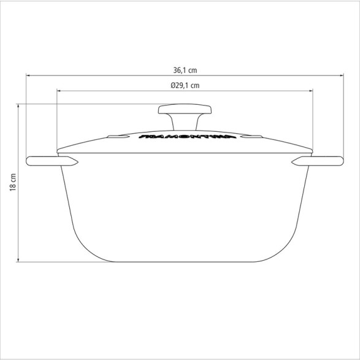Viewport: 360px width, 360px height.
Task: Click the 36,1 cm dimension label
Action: [186, 69]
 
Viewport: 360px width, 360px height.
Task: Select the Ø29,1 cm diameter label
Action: [186, 85]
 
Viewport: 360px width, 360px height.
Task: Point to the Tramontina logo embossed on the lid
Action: [183, 136]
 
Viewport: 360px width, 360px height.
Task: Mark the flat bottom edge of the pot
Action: [184, 262]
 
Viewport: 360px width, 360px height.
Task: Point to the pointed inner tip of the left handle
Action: [77, 162]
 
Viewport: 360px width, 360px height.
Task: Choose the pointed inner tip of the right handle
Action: [292, 162]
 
